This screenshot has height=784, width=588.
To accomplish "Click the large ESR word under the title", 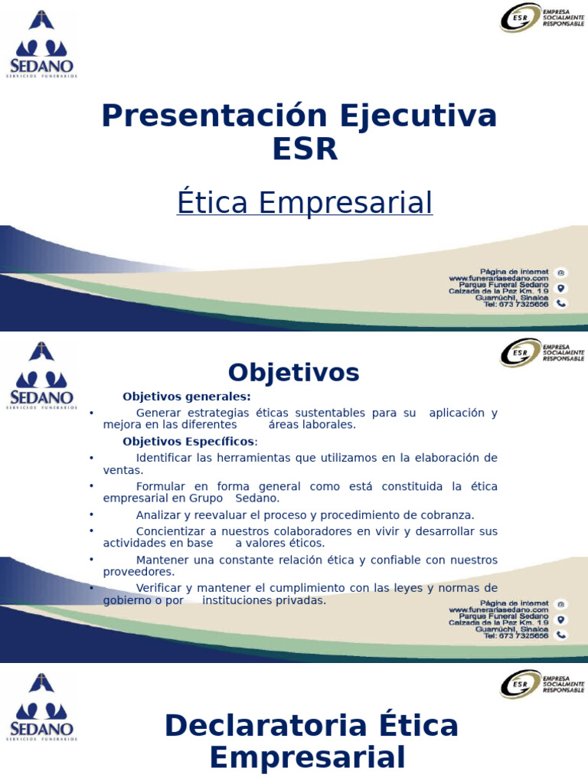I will pyautogui.click(x=305, y=149).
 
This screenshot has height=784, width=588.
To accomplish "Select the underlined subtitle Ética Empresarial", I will pyautogui.click(x=305, y=203).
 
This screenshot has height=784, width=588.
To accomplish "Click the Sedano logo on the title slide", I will pyautogui.click(x=43, y=44).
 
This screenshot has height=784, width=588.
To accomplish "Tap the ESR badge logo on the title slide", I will pyautogui.click(x=542, y=18).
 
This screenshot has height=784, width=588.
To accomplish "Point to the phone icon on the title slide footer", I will pyautogui.click(x=561, y=303).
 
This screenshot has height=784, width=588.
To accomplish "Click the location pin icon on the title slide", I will pyautogui.click(x=561, y=288).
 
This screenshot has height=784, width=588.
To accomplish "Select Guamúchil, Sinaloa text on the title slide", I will pyautogui.click(x=511, y=297).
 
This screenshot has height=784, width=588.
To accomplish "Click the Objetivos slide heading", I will pyautogui.click(x=293, y=373).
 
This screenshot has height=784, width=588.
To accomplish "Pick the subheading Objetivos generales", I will pyautogui.click(x=186, y=397).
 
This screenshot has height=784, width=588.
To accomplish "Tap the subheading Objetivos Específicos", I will pyautogui.click(x=189, y=442).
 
